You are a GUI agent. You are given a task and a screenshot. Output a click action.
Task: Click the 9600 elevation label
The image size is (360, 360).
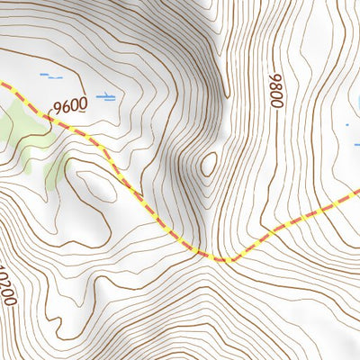click(70, 105)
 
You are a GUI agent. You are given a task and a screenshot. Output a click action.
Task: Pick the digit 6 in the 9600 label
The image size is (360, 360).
click(66, 106)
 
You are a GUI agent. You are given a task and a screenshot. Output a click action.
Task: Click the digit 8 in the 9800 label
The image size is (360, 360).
click(274, 97)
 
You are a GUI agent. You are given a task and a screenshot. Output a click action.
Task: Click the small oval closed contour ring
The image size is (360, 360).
click(209, 164)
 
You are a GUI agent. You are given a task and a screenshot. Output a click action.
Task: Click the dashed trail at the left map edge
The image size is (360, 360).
click(4, 85)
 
